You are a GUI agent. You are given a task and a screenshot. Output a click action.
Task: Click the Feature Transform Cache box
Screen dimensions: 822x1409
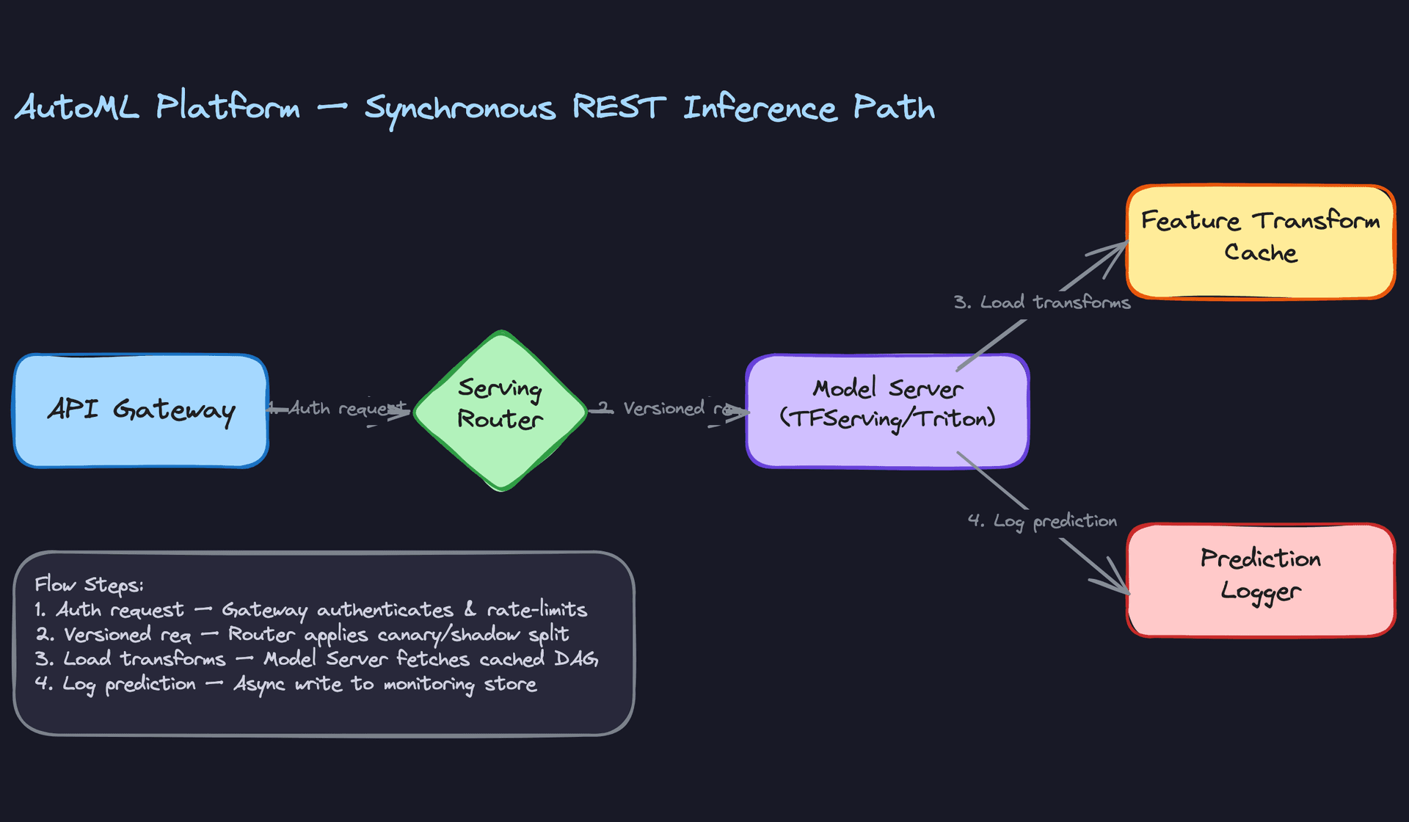click(1260, 242)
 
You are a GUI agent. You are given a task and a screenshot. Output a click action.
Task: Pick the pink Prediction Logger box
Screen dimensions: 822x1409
click(1260, 580)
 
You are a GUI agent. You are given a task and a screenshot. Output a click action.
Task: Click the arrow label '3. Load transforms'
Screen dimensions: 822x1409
click(1041, 302)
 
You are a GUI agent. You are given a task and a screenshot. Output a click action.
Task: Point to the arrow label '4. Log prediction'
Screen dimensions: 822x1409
click(1042, 521)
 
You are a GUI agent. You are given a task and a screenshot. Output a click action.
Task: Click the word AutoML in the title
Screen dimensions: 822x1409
click(77, 108)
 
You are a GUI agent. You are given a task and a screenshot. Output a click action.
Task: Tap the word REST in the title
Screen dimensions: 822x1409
click(619, 108)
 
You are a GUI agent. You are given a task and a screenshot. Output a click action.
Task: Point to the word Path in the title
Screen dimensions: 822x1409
click(894, 108)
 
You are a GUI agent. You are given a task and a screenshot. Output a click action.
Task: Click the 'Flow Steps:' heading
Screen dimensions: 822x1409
click(89, 585)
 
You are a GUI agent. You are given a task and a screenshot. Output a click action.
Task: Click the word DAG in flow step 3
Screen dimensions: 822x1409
click(576, 659)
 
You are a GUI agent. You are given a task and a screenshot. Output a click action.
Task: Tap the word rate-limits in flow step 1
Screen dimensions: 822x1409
click(536, 609)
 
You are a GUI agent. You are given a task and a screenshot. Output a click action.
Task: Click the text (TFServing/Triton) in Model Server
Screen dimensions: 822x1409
click(887, 418)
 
